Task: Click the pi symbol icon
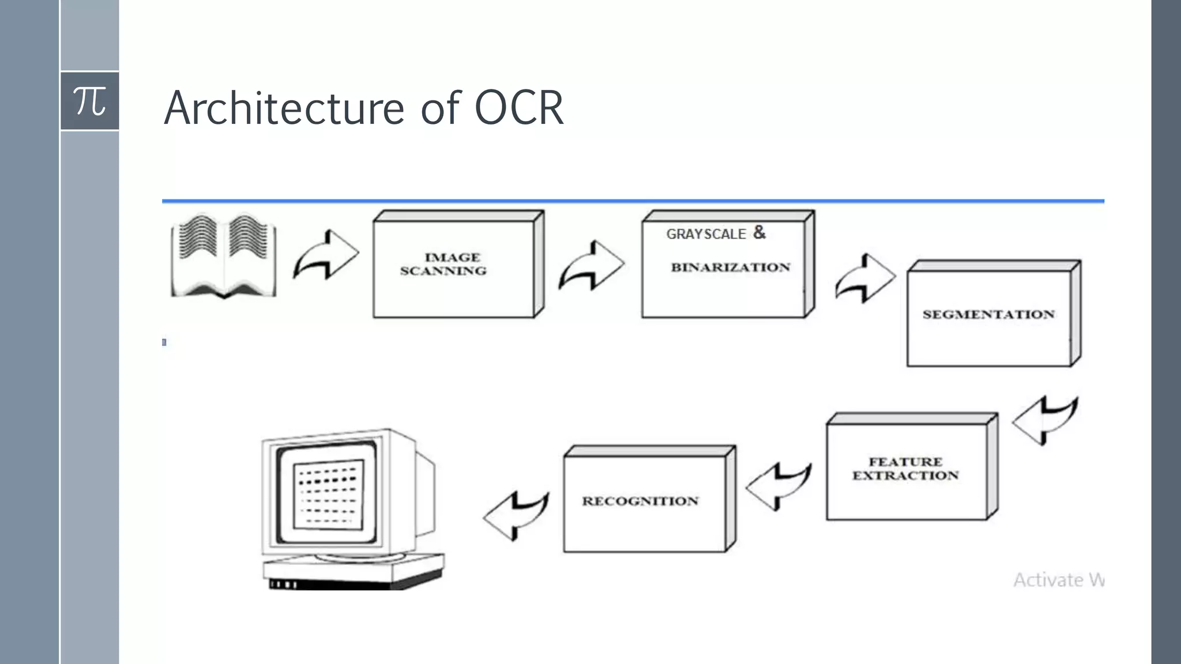[x=90, y=101]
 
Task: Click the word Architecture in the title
[x=284, y=108]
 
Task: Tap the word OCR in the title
[x=518, y=108]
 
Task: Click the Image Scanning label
[x=444, y=264]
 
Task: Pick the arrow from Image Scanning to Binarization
[x=592, y=266]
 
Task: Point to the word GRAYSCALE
[x=706, y=234]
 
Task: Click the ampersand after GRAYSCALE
[x=759, y=232]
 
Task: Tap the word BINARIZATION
[x=730, y=267]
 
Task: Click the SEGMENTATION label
[x=988, y=315]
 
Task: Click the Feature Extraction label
[x=905, y=469]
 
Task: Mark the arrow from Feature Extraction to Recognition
[x=778, y=486]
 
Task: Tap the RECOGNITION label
[x=640, y=501]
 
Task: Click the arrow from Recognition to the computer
[x=516, y=515]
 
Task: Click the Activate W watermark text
[x=1058, y=580]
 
